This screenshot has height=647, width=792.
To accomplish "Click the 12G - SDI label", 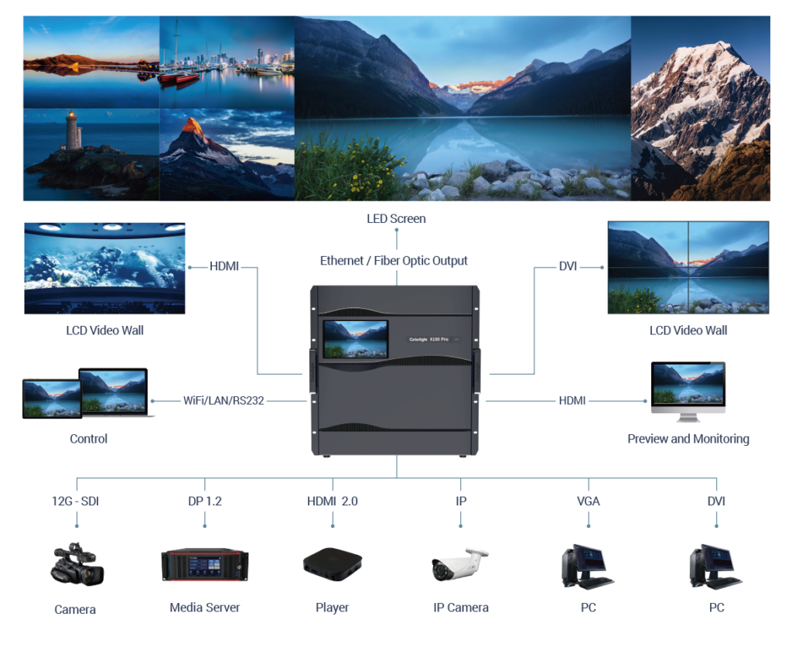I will click(76, 502).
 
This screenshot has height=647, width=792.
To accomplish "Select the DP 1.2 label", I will click(205, 502).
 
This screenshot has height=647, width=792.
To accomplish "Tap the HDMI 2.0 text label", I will click(333, 502).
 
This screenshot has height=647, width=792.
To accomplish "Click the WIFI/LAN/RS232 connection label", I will click(224, 401).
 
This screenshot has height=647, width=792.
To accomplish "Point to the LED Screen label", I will click(396, 219).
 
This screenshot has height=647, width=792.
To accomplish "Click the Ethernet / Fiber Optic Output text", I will click(394, 261).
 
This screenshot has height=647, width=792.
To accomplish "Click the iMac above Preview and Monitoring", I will click(688, 392).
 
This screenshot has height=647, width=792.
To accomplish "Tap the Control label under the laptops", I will click(88, 439).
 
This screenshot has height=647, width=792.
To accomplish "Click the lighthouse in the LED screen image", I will click(73, 132).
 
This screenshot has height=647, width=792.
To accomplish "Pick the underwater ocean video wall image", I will click(104, 268).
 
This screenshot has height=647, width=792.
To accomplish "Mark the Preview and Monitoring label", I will click(688, 439).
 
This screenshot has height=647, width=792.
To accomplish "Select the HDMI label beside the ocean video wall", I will click(224, 267).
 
